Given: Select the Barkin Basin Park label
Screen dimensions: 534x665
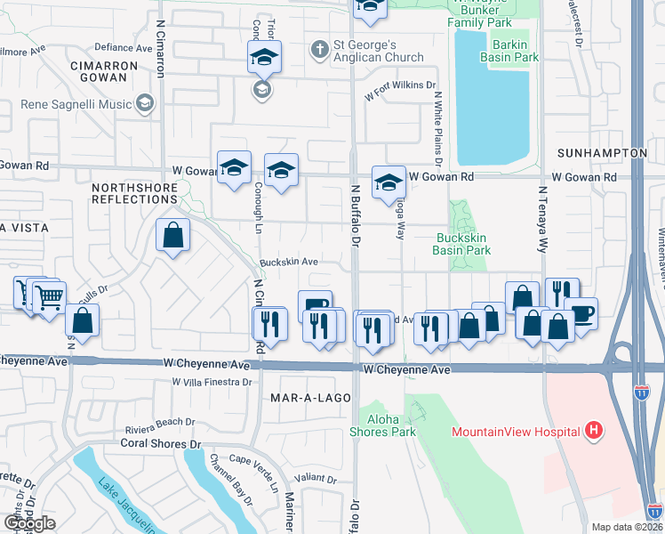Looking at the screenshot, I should pos(509,51).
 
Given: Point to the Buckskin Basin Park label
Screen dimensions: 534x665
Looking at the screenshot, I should pos(462,244).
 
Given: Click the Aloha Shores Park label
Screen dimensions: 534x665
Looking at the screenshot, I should pos(389,425).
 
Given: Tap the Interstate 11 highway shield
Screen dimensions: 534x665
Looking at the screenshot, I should pos(642,391).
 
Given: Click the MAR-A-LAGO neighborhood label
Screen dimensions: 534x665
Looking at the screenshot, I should pos(305,398).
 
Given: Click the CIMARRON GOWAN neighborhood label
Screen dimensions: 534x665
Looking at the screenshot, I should pos(98,70).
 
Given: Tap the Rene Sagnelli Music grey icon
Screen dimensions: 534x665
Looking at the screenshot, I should pos(144,104).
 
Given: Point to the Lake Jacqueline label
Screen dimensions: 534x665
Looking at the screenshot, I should pos(125,503).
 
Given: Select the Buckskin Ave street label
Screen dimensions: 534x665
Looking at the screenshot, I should pos(289,263).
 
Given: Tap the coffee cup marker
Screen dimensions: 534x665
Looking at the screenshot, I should pos(581,312).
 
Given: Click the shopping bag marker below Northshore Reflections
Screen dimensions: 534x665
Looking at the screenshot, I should pos(173,236).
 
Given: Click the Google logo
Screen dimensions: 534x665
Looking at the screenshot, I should pos(29,524).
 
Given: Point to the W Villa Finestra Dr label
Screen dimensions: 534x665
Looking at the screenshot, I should pos(212,382).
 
